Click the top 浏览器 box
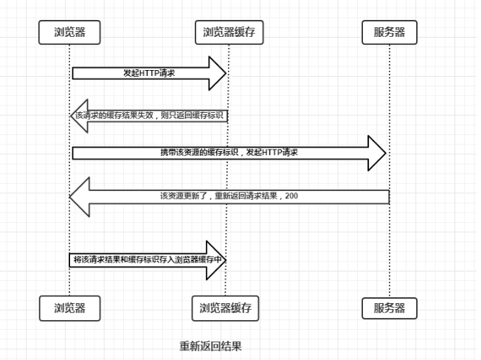point(69,32)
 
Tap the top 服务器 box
point(390,32)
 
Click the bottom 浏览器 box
point(69,308)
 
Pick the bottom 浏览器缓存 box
point(226,308)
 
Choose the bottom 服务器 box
point(390,308)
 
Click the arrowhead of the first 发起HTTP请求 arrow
point(217,73)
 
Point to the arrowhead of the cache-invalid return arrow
point(79,116)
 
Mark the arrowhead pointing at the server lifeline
point(377,153)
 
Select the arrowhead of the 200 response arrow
point(80,196)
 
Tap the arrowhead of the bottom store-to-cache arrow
point(215,260)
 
